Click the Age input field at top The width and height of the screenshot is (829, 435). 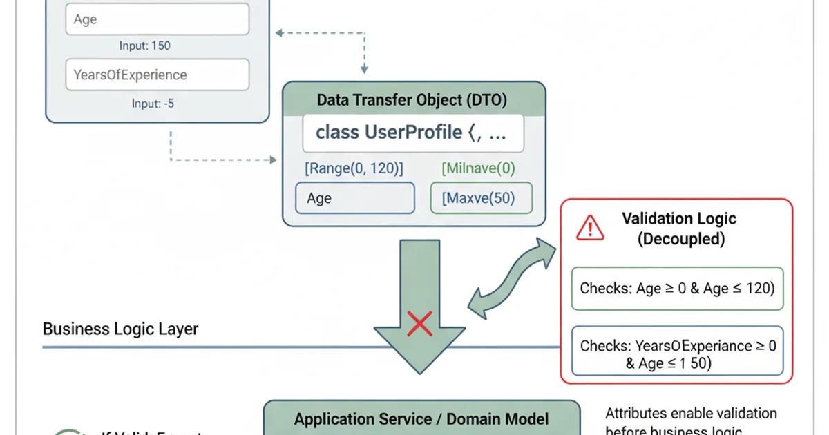click(157, 20)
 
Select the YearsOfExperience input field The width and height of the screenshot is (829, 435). click(157, 75)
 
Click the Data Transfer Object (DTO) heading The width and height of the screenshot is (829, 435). click(412, 100)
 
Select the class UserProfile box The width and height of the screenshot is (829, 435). click(412, 133)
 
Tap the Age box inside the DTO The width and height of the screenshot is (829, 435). click(355, 198)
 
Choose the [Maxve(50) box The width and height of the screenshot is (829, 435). click(481, 198)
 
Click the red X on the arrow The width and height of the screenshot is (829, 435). click(419, 323)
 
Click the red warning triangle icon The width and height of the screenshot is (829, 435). click(590, 227)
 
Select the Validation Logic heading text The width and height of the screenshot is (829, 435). click(678, 219)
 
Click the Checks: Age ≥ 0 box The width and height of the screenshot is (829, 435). click(677, 288)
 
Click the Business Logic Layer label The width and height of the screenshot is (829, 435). click(120, 329)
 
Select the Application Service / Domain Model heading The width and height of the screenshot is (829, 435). click(421, 419)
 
